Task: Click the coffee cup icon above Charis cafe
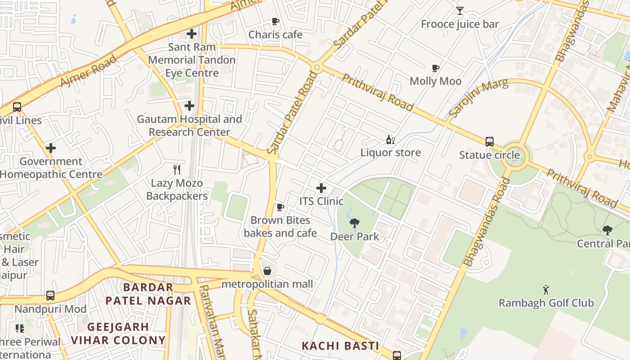tap(275, 21)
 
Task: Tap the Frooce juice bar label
tap(459, 24)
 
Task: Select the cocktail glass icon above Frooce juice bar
tap(459, 11)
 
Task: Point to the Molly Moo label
tap(435, 81)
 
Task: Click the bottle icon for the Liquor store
tap(390, 140)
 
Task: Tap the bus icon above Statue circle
tap(490, 142)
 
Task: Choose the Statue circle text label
tap(489, 155)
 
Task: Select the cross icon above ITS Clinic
tap(321, 188)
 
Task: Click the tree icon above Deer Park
tap(355, 223)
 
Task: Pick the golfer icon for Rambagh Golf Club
tap(546, 289)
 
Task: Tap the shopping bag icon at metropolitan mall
tap(267, 271)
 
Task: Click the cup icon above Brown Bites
tap(280, 207)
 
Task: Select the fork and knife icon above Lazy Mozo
tap(177, 170)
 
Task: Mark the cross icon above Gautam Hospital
tap(189, 106)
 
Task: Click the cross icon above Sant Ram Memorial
tap(192, 34)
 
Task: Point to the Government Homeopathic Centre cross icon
tap(51, 148)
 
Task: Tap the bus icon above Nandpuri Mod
tap(50, 296)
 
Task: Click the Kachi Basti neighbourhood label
tap(340, 346)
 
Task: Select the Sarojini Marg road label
tap(478, 98)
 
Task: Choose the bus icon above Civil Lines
tap(17, 107)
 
